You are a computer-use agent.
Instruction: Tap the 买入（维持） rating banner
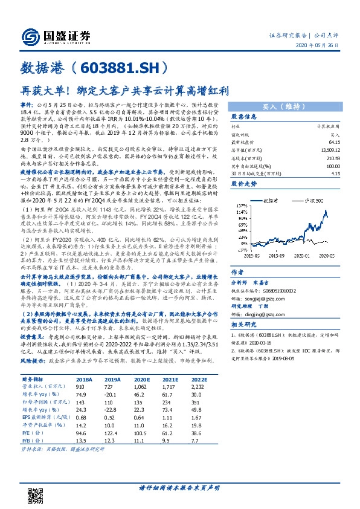point(286,105)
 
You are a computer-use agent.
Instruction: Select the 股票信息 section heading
point(245,117)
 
